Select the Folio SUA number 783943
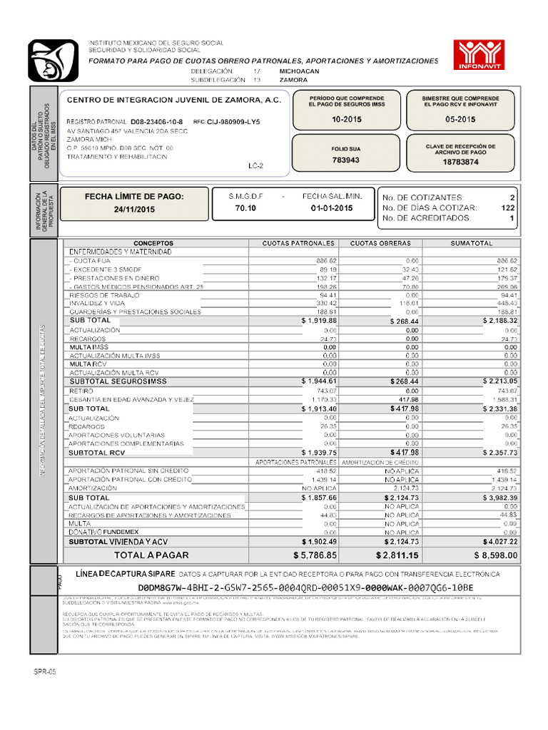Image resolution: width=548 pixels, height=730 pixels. (x=345, y=160)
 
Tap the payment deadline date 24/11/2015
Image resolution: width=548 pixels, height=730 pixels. (x=133, y=210)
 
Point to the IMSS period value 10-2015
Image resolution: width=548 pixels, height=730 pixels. (x=347, y=120)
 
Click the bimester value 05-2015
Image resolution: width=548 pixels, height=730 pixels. (x=460, y=120)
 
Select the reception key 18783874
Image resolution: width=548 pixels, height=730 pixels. (x=460, y=162)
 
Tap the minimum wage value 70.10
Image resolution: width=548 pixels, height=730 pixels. (x=245, y=208)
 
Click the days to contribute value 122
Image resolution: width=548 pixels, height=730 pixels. (x=507, y=207)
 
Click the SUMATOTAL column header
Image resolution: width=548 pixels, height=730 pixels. (x=471, y=243)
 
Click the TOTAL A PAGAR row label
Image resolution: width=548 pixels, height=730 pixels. (x=151, y=555)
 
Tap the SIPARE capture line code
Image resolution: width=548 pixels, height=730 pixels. (x=305, y=587)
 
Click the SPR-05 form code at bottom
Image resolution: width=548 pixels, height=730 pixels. (x=44, y=672)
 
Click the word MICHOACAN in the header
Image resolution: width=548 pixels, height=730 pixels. (x=299, y=72)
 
